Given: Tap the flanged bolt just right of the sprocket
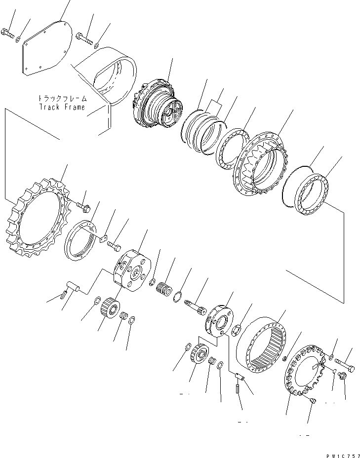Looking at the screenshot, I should click(83, 207).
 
